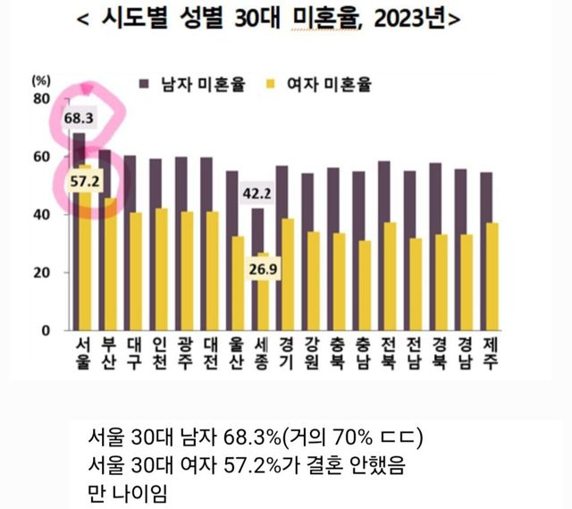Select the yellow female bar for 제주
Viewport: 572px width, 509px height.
click(493, 277)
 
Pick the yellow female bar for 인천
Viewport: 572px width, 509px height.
click(161, 268)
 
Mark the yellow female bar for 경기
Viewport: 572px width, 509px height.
click(288, 274)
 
